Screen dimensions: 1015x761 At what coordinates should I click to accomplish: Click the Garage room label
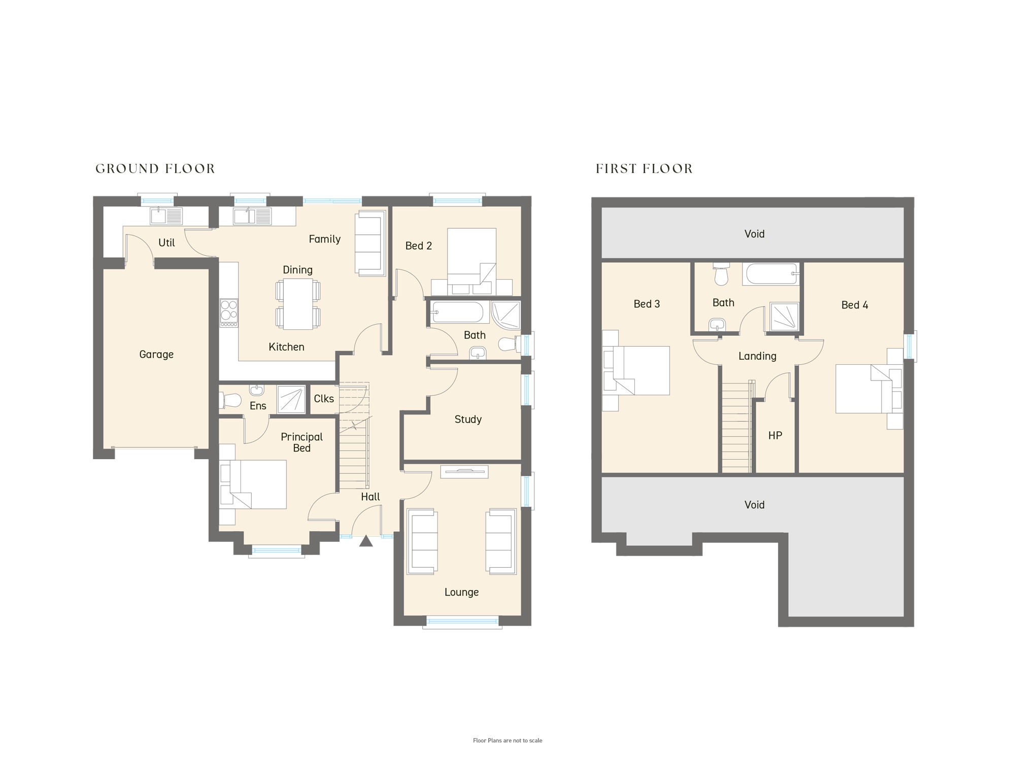coord(156,355)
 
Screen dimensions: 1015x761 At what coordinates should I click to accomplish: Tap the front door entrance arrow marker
coord(366,541)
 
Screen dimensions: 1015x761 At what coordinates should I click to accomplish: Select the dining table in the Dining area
coord(298,304)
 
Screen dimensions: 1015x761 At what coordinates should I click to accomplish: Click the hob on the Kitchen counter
coord(229,313)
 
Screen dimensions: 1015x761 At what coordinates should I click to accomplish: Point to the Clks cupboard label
coord(324,399)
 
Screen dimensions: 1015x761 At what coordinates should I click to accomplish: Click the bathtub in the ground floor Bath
coord(457,312)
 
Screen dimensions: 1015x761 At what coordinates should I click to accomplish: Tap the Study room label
coord(468,419)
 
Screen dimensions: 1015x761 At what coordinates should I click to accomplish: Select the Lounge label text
coord(461,592)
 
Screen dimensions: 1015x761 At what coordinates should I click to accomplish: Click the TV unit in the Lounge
coord(464,472)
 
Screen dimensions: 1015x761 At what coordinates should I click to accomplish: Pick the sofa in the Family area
coord(370,244)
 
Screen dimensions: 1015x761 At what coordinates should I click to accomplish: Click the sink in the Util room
coord(166,216)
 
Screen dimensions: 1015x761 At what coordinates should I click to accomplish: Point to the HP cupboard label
coord(775,435)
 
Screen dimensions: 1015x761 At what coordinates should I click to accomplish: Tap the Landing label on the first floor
coord(757,356)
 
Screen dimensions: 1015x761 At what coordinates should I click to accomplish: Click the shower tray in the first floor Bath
coord(785,317)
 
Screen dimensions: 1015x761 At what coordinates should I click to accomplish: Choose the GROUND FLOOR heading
coord(155,168)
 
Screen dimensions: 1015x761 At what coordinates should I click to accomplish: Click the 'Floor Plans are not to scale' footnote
coord(507,741)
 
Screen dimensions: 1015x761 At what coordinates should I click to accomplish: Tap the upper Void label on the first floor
coord(754,234)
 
